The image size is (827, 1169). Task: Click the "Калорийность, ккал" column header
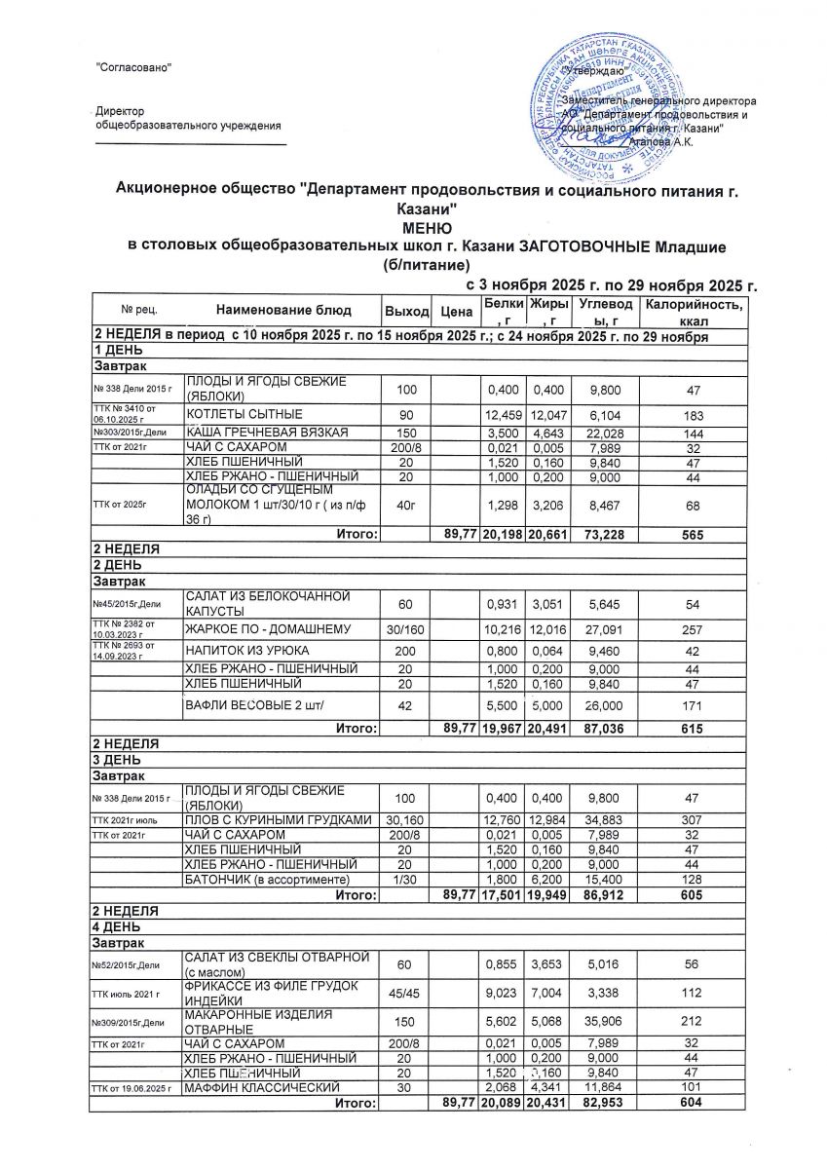[x=694, y=313]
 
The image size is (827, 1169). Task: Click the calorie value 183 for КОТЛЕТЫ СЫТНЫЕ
[x=694, y=413]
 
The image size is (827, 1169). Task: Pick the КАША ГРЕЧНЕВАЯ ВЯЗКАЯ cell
[x=253, y=431]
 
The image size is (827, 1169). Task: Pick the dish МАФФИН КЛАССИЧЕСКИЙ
[x=262, y=1087]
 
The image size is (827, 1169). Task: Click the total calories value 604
[x=694, y=1102]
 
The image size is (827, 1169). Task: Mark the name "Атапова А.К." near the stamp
[x=661, y=142]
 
